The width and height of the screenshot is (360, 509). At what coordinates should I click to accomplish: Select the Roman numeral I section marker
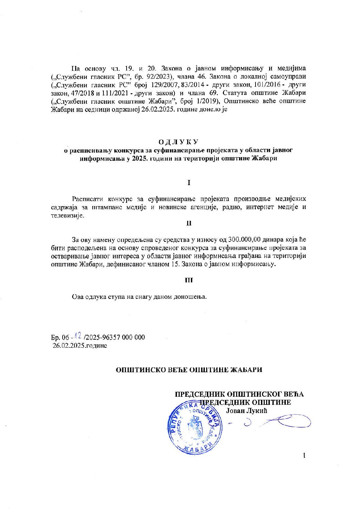tap(189, 183)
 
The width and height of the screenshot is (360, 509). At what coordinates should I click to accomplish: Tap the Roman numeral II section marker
tap(189, 223)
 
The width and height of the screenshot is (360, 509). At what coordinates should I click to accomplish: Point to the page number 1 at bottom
tap(304, 455)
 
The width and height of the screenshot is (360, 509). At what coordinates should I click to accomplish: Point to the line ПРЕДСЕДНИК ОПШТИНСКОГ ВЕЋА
tap(239, 394)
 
